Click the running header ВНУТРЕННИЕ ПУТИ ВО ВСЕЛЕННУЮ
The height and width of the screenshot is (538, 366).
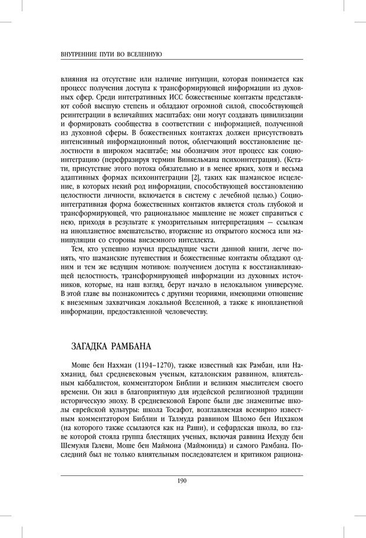point(112,54)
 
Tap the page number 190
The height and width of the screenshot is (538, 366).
point(182,481)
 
